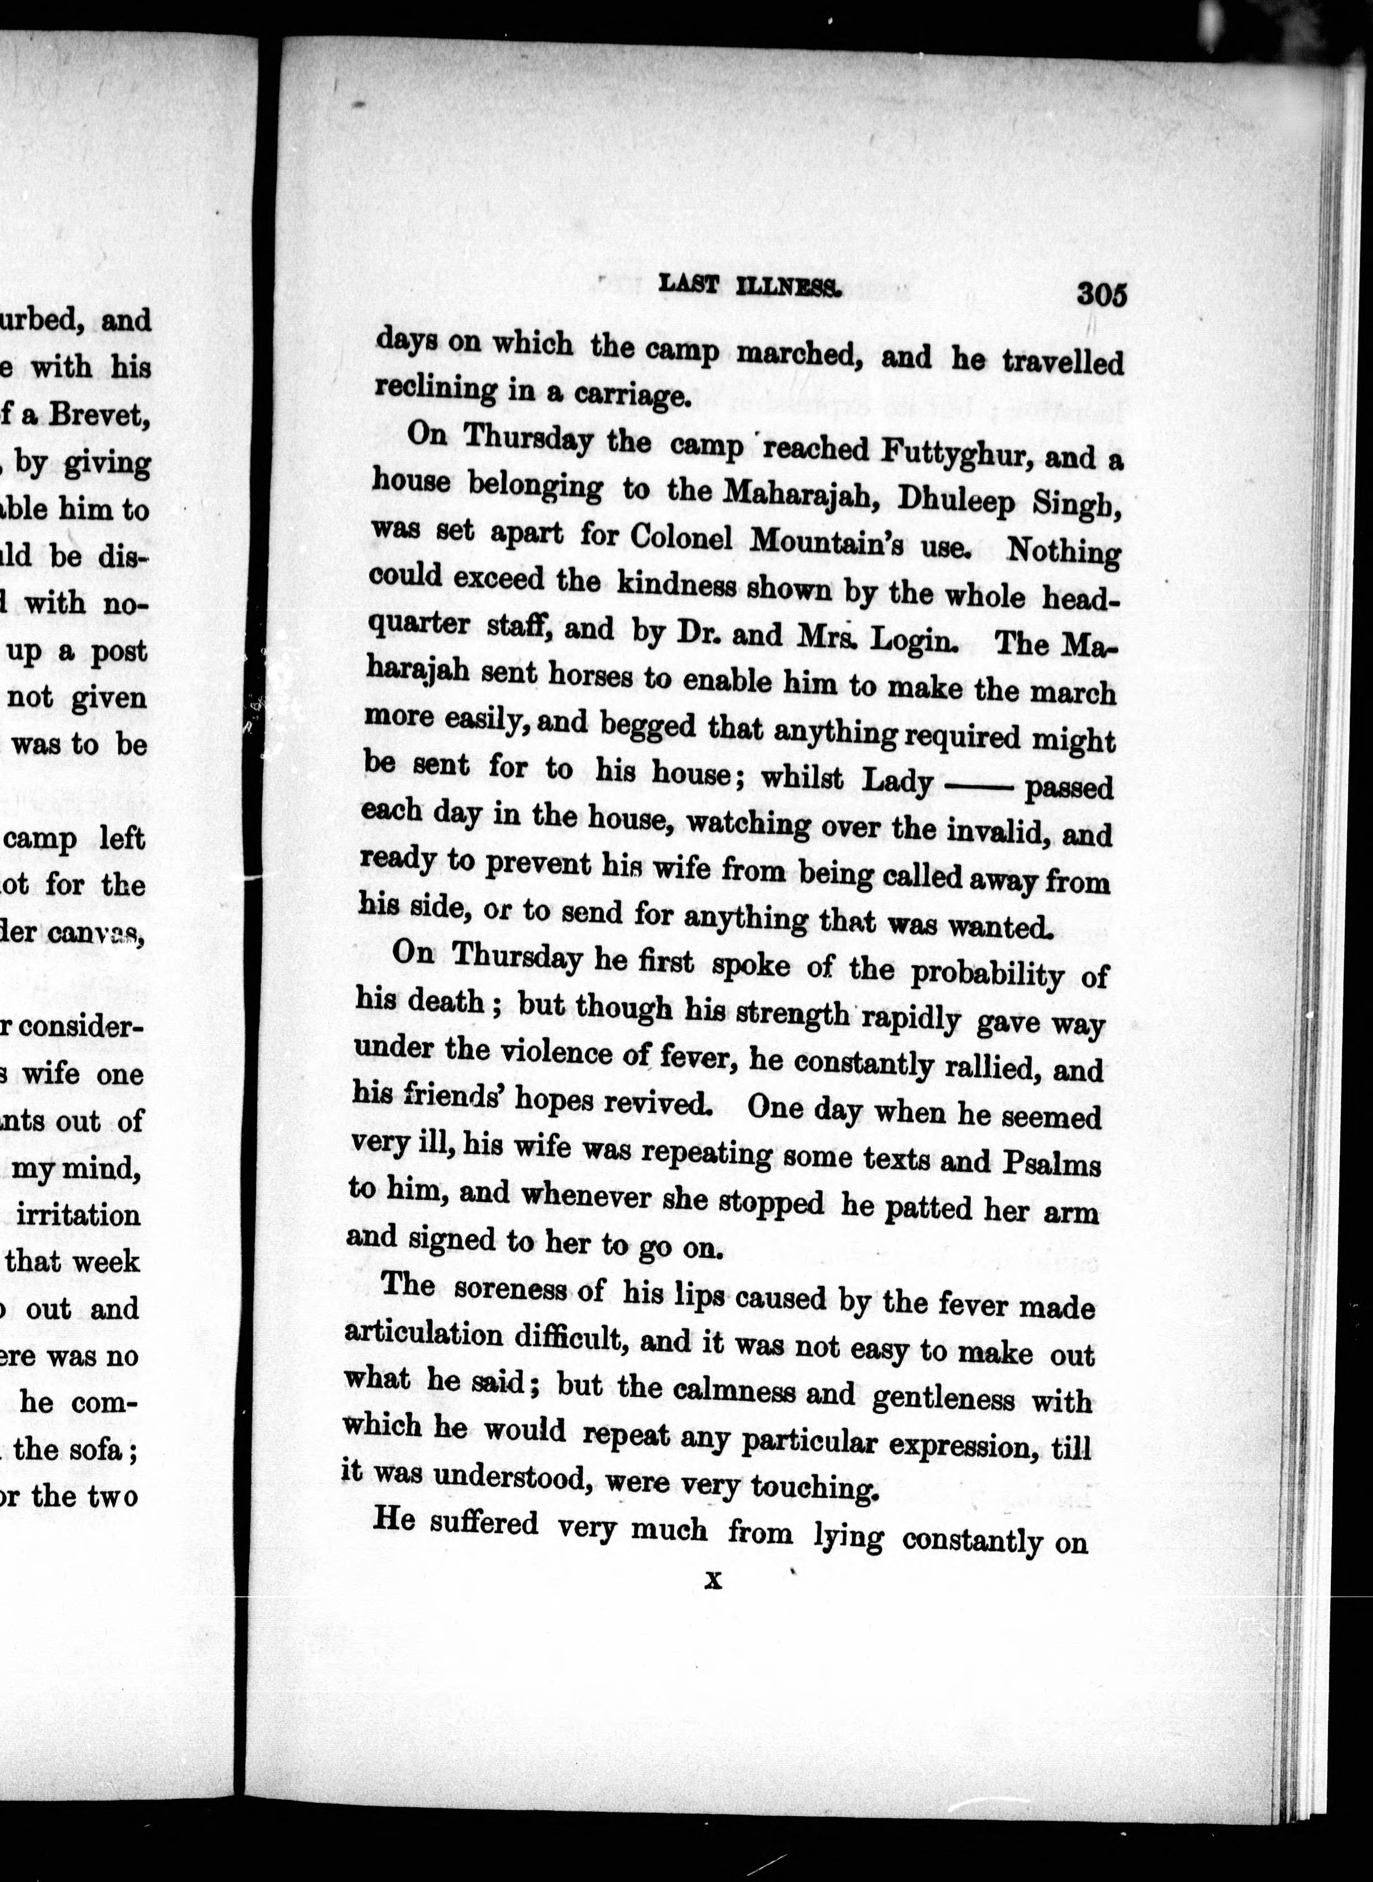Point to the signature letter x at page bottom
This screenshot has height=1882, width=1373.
713,1579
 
